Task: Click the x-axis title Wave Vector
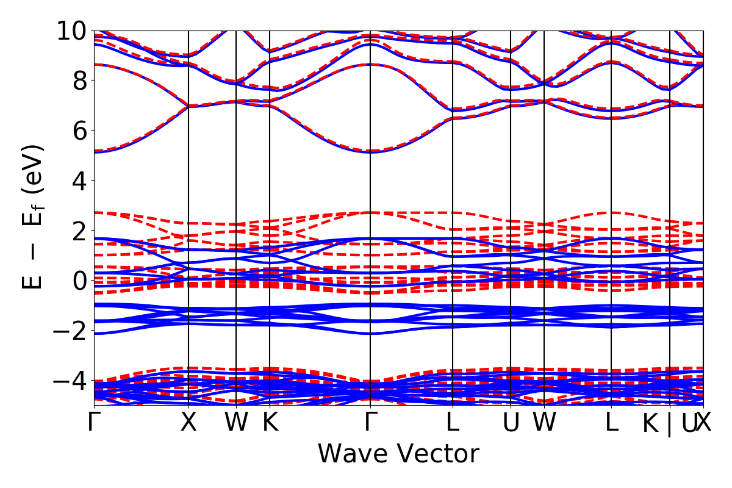tap(398, 454)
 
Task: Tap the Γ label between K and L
tap(370, 423)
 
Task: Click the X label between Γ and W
tap(188, 423)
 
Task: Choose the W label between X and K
tap(236, 423)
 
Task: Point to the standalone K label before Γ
tap(270, 423)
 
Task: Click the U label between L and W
tap(511, 423)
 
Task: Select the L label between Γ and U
tap(452, 423)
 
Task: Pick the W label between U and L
tap(544, 423)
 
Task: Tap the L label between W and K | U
tap(611, 423)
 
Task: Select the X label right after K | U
tap(704, 423)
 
